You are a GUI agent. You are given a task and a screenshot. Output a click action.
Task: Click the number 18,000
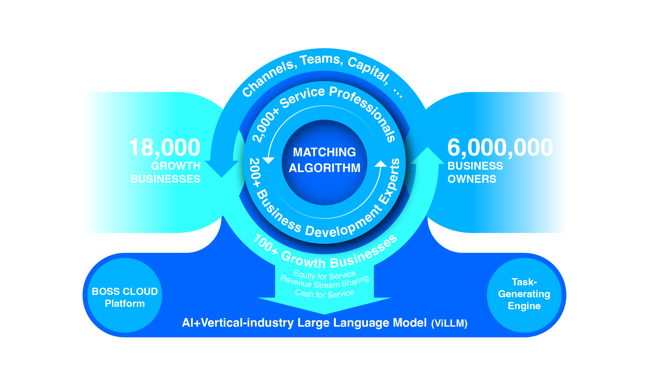pyautogui.click(x=164, y=147)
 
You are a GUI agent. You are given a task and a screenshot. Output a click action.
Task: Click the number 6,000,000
pyautogui.click(x=500, y=147)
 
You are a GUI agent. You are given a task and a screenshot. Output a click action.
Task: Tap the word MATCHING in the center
pyautogui.click(x=324, y=152)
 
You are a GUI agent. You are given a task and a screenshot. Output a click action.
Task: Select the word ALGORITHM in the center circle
pyautogui.click(x=324, y=168)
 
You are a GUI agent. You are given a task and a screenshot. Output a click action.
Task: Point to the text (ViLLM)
pyautogui.click(x=449, y=324)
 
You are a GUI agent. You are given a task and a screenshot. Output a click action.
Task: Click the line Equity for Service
pyautogui.click(x=324, y=275)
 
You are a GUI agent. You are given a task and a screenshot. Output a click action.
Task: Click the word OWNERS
pyautogui.click(x=472, y=179)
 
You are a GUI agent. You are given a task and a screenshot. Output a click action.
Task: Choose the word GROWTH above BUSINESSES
pyautogui.click(x=176, y=166)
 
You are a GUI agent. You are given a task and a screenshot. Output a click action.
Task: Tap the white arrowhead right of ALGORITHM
pyautogui.click(x=380, y=164)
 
